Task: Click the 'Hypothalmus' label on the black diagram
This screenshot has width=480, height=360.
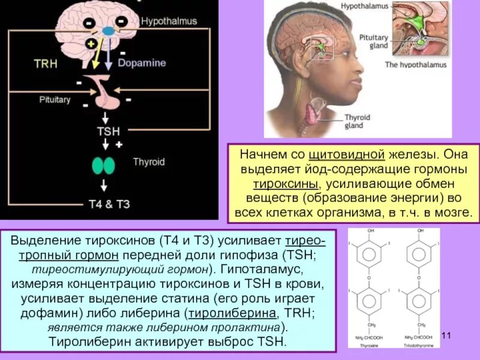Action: (x=169, y=21)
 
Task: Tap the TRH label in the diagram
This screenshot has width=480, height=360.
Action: (x=46, y=64)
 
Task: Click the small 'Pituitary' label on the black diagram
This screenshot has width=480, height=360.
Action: (x=55, y=100)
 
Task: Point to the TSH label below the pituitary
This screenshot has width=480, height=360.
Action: (x=109, y=131)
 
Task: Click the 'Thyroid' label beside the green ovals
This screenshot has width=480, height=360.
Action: (x=148, y=162)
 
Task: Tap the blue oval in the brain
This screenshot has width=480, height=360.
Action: (x=109, y=30)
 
